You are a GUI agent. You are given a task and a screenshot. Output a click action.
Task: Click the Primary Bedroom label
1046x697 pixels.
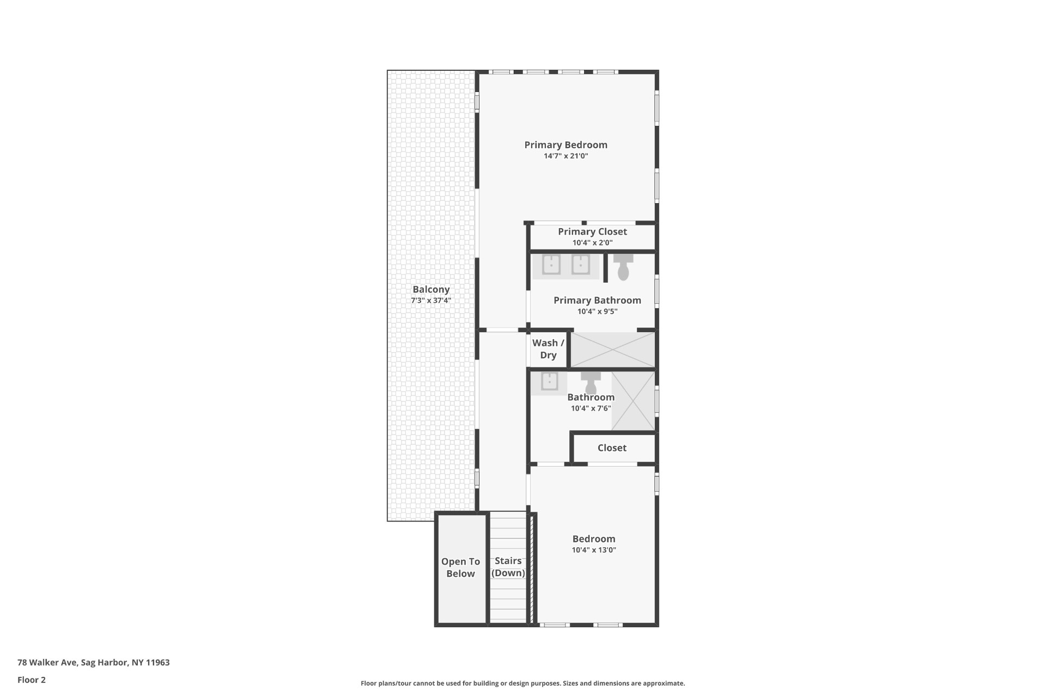(x=565, y=145)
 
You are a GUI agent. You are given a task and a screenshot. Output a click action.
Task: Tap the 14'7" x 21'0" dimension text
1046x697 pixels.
(x=565, y=156)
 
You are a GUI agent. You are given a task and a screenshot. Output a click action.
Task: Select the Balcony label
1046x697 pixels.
(x=431, y=290)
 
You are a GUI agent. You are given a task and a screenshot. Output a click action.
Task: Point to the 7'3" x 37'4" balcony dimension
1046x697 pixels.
(x=431, y=301)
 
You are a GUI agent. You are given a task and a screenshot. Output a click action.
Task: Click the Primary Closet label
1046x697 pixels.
(x=592, y=232)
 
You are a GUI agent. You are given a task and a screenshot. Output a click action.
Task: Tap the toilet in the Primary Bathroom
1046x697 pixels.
(x=623, y=267)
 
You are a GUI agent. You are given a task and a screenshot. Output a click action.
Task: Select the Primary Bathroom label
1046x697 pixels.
(x=597, y=301)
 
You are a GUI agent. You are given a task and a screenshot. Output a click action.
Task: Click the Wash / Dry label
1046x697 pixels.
(x=548, y=349)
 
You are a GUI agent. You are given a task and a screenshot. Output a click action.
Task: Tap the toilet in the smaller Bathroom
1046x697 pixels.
(x=591, y=382)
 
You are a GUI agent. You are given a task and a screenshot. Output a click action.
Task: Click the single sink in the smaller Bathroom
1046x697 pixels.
(x=549, y=382)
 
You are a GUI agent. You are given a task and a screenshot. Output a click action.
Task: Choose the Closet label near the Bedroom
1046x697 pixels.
(x=612, y=448)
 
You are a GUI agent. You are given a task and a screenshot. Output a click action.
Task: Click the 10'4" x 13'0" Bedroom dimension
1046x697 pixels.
(x=594, y=550)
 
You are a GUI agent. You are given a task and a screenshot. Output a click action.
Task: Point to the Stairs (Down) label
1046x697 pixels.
(x=508, y=567)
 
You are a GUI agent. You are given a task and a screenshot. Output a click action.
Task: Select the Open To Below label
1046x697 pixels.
(x=460, y=567)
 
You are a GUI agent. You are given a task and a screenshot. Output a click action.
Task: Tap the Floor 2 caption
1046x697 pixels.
(x=32, y=680)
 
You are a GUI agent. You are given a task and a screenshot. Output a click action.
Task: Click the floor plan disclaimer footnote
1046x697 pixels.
(x=522, y=683)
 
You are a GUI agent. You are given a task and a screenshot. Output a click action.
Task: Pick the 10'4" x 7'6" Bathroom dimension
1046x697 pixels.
(x=591, y=408)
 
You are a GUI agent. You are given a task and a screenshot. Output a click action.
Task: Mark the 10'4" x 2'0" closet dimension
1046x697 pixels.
(x=592, y=243)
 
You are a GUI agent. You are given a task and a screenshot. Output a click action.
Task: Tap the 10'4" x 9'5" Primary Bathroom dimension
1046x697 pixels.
(x=597, y=311)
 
